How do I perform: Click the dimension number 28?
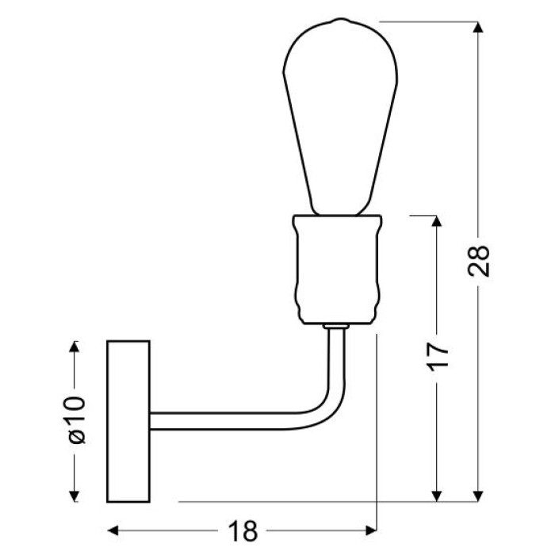tap(479, 261)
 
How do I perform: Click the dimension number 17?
tap(437, 357)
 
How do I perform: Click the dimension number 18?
tap(243, 530)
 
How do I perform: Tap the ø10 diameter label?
tap(76, 420)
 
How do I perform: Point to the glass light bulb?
tap(340, 117)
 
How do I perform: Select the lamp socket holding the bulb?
tap(337, 269)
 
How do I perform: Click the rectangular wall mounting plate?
tap(128, 421)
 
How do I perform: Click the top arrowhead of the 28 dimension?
tap(478, 27)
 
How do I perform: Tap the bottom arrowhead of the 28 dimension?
tap(478, 496)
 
